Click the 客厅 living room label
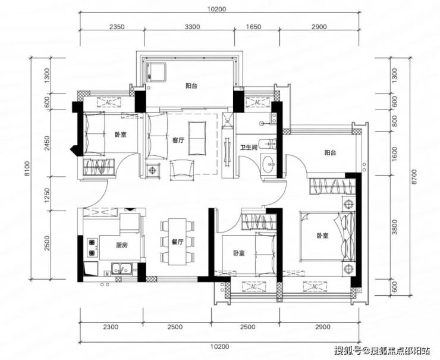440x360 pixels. (x=178, y=140)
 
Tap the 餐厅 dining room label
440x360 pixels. (x=178, y=242)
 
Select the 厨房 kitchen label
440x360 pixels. (x=122, y=245)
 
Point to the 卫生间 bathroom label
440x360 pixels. (x=249, y=148)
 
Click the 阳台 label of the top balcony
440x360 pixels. (x=191, y=86)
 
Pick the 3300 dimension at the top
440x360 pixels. (x=193, y=27)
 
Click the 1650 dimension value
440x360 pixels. (x=253, y=27)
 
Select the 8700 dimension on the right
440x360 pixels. (x=415, y=176)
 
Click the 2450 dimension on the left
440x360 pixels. (x=47, y=143)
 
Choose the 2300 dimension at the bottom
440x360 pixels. (x=111, y=327)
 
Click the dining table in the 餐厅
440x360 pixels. (x=177, y=242)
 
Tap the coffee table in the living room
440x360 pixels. (x=197, y=138)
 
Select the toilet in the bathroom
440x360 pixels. (x=268, y=145)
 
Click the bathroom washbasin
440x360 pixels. (x=269, y=163)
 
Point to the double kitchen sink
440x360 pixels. (x=122, y=268)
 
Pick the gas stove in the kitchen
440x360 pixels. (x=92, y=248)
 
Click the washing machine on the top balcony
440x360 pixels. (x=156, y=72)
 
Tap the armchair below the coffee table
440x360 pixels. (x=183, y=170)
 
